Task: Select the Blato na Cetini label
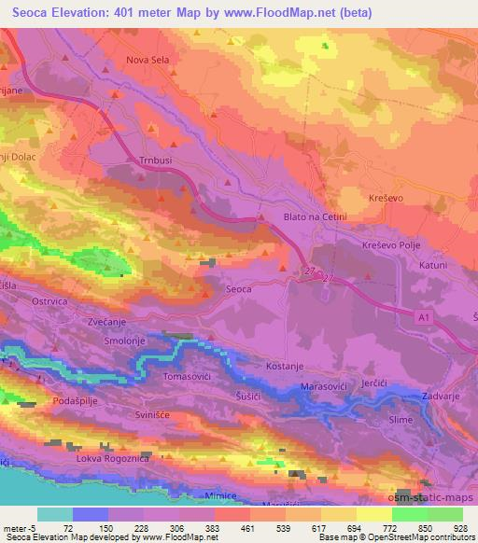pos(315,217)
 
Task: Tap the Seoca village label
pos(239,290)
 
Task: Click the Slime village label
pos(400,421)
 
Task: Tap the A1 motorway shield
pos(423,318)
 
